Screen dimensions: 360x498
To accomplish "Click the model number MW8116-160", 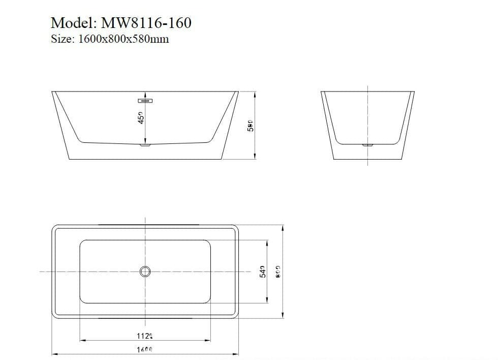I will pos(146,23).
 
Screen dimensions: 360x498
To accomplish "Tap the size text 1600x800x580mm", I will pos(123,39).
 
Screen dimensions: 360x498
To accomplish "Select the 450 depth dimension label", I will pos(141,117).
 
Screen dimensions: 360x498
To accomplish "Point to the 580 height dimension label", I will pos(250,126).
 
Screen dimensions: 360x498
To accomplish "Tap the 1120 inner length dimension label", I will pos(145,336).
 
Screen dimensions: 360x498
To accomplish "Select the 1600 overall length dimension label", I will pos(145,349).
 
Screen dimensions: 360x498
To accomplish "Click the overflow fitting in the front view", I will pos(146,100).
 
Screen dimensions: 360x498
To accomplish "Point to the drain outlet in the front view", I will pos(146,145).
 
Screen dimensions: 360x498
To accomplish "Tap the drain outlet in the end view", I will pos(367,145).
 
